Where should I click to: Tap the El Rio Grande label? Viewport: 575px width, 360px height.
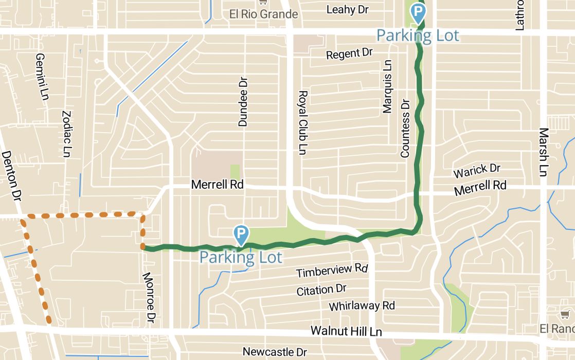click(264, 14)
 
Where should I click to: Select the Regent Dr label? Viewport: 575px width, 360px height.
click(349, 53)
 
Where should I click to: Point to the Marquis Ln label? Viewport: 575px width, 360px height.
click(387, 86)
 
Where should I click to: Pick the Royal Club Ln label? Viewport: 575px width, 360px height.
click(303, 122)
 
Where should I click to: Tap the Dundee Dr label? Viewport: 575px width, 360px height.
click(243, 102)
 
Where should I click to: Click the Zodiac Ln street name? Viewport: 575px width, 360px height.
click(66, 134)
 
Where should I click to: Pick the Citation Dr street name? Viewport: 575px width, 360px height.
click(321, 290)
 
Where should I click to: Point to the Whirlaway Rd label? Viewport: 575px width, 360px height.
click(362, 306)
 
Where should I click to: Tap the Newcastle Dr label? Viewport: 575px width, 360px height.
click(275, 352)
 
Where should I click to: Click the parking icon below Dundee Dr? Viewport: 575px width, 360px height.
click(241, 235)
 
